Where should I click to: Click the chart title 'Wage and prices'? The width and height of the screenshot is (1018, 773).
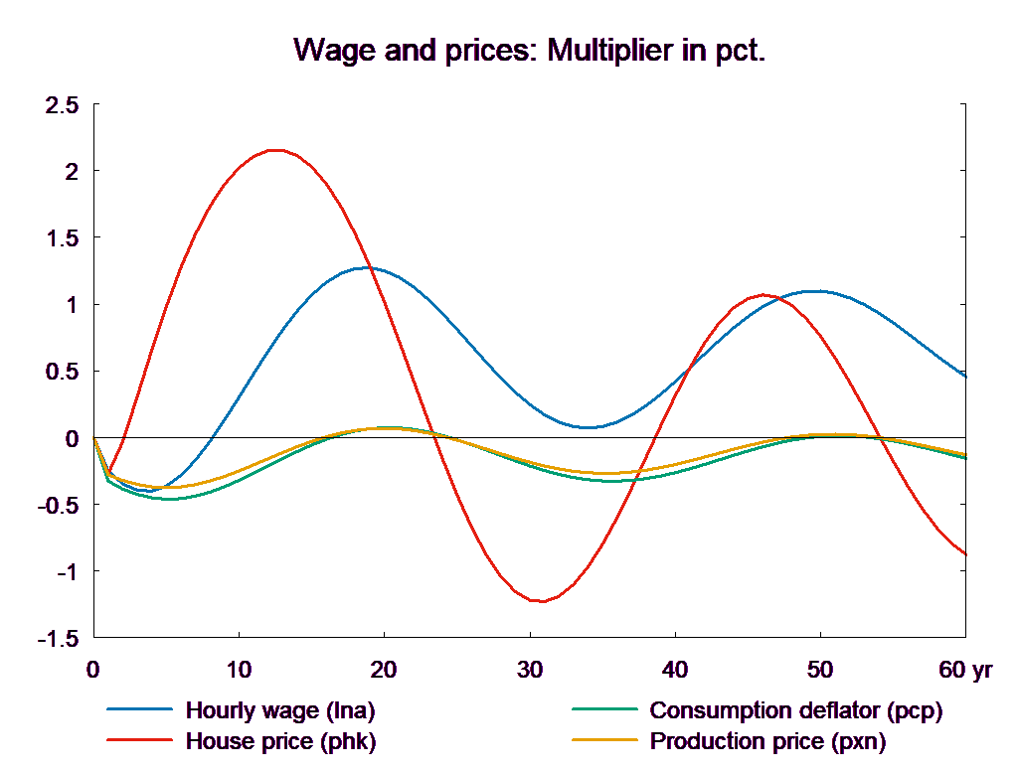click(530, 51)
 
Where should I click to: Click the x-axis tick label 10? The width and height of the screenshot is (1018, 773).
click(239, 671)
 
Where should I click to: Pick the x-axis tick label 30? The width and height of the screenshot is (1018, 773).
click(529, 671)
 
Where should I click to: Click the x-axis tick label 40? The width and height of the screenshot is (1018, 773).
click(674, 671)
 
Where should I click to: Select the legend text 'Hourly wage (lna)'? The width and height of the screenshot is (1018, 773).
click(280, 710)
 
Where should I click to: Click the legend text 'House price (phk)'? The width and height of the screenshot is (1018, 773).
click(280, 741)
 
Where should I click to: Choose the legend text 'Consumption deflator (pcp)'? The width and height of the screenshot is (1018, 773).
click(795, 710)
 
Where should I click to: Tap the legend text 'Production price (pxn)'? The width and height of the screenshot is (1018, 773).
click(767, 741)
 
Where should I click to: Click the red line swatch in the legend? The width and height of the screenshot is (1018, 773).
click(138, 741)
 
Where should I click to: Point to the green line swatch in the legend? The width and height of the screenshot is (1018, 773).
click(603, 710)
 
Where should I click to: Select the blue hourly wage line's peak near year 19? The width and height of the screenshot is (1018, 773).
click(370, 267)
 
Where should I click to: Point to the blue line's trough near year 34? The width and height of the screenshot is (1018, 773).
click(589, 427)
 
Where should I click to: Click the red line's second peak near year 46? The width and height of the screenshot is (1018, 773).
click(763, 295)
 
